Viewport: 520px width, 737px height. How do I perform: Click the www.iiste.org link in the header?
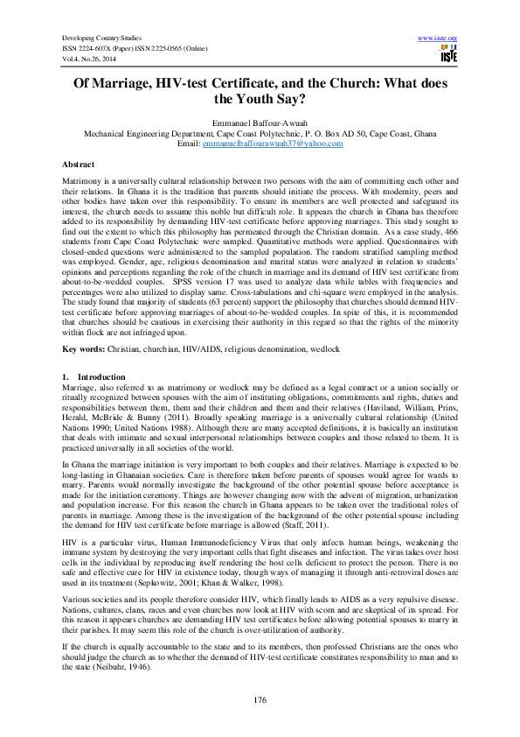click(439, 39)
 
